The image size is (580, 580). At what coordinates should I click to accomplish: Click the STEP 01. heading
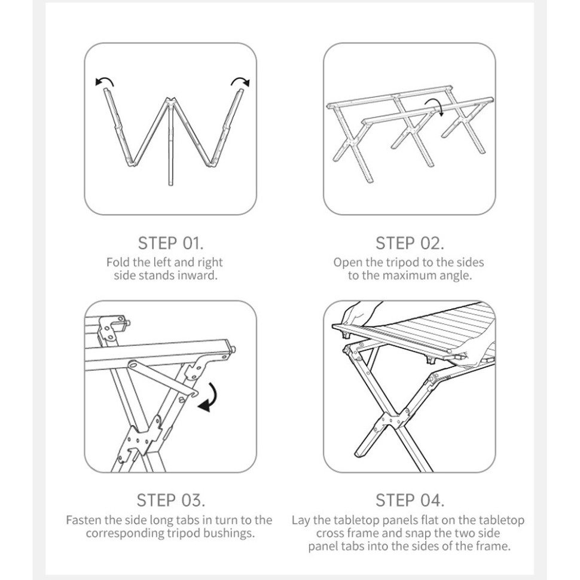(x=170, y=243)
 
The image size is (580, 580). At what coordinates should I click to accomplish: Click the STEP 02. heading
(x=410, y=243)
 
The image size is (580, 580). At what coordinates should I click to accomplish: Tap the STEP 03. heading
(x=170, y=500)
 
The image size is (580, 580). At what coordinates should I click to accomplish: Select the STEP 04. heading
(x=410, y=500)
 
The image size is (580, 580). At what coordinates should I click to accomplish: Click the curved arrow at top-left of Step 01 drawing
(x=105, y=80)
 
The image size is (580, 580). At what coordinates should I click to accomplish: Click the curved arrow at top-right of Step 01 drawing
(x=240, y=80)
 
